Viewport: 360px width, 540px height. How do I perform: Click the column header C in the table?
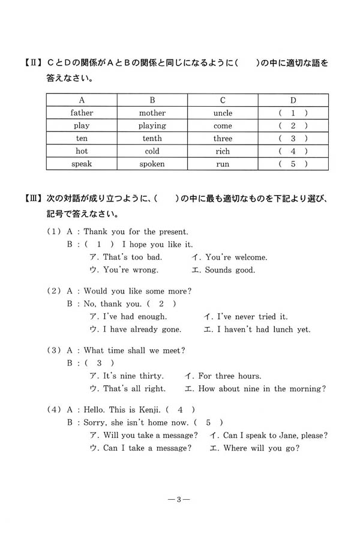coord(223,100)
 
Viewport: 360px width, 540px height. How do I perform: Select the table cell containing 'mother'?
coord(152,113)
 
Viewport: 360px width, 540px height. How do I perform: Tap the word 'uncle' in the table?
coord(223,113)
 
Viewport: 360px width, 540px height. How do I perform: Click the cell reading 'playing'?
coord(152,126)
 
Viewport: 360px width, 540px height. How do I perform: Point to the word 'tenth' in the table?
coord(152,139)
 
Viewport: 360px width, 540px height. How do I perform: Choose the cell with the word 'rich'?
coord(223,151)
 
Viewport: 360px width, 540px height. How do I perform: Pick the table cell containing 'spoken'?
coord(152,164)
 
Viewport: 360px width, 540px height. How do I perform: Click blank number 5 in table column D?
coord(293,164)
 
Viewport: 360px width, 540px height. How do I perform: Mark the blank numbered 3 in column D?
coord(293,139)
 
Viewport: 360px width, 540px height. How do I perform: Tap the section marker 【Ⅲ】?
coord(32,199)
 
